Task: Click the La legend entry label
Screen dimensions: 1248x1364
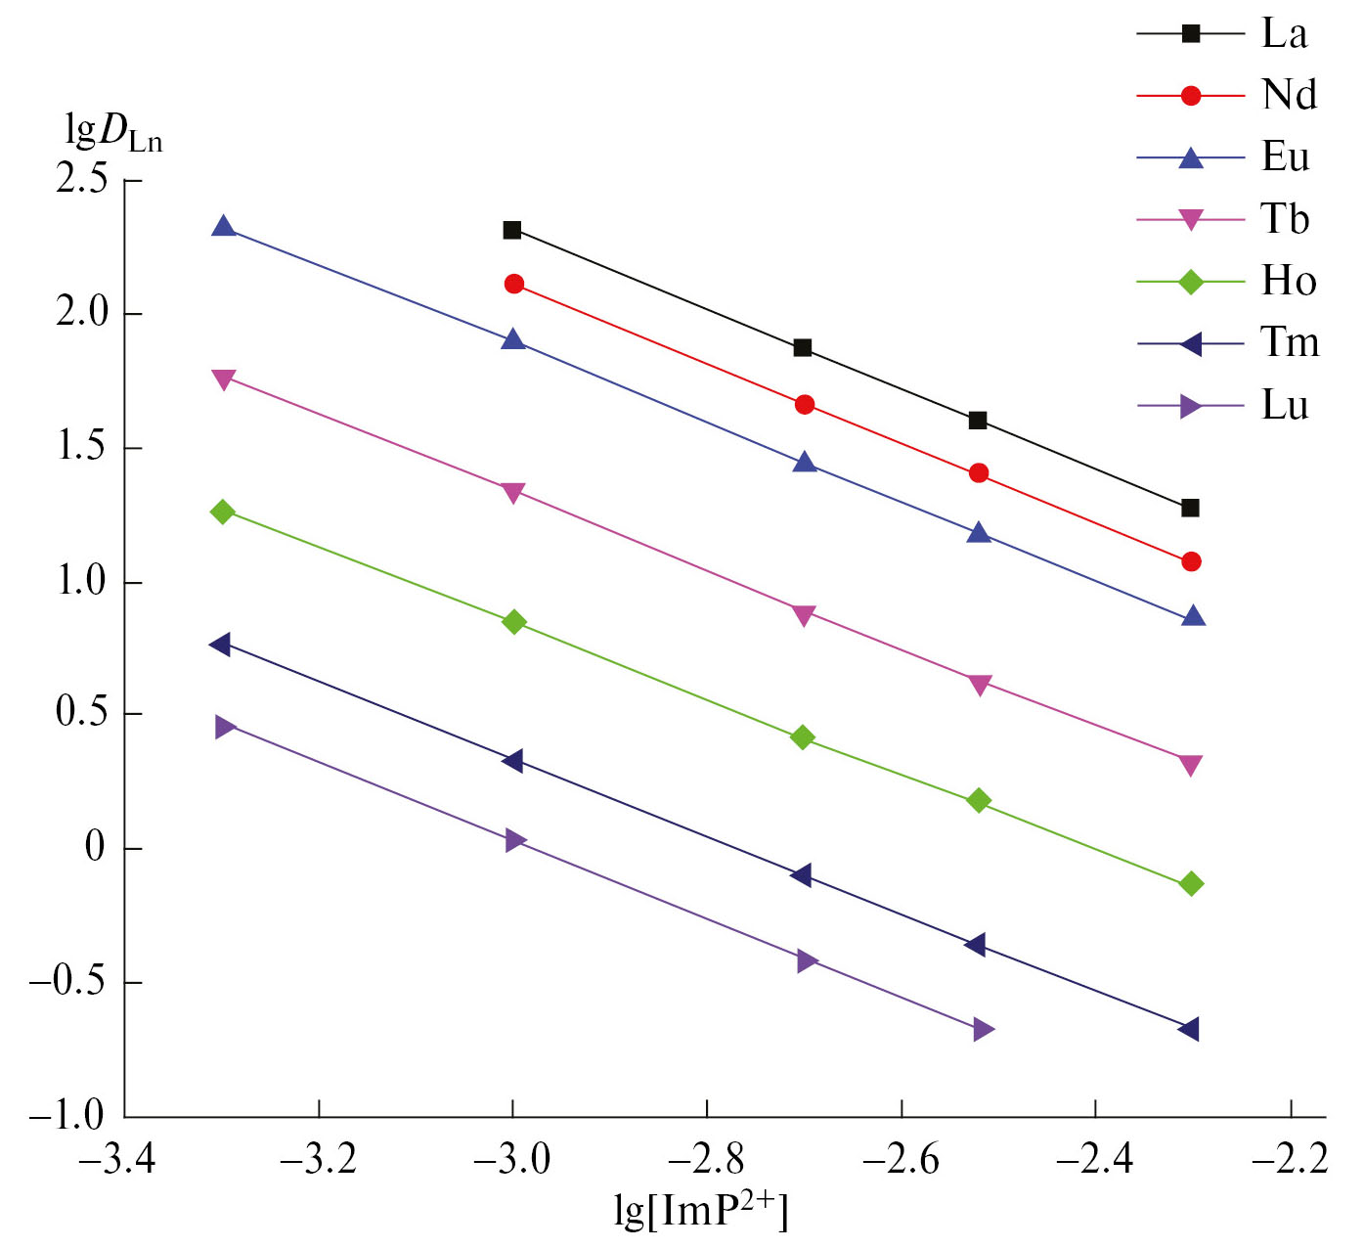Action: (1284, 34)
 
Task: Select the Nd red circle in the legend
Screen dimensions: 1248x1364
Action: (1190, 96)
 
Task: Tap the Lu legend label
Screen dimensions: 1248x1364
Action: (1285, 405)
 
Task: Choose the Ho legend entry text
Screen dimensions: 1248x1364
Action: (1289, 282)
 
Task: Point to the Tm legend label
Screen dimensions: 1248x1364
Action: (1290, 343)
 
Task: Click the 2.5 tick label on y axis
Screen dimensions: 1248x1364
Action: (82, 181)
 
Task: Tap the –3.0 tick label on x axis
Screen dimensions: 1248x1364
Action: (512, 1160)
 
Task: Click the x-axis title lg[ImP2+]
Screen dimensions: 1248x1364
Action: (700, 1211)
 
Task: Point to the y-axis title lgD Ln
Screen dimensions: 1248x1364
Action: (112, 132)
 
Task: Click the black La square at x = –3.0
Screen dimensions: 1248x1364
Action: (511, 230)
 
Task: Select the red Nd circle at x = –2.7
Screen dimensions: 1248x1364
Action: (804, 405)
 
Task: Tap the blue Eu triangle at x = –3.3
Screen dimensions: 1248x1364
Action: (224, 227)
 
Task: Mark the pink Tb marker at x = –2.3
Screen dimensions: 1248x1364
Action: (1190, 765)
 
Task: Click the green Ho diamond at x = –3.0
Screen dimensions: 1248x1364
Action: (514, 622)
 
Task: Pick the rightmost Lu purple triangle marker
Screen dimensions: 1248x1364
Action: (983, 1030)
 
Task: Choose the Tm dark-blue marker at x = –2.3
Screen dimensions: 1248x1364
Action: (1189, 1029)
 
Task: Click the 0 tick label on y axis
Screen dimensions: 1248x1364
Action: (95, 848)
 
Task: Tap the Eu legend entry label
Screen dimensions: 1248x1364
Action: (1285, 157)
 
